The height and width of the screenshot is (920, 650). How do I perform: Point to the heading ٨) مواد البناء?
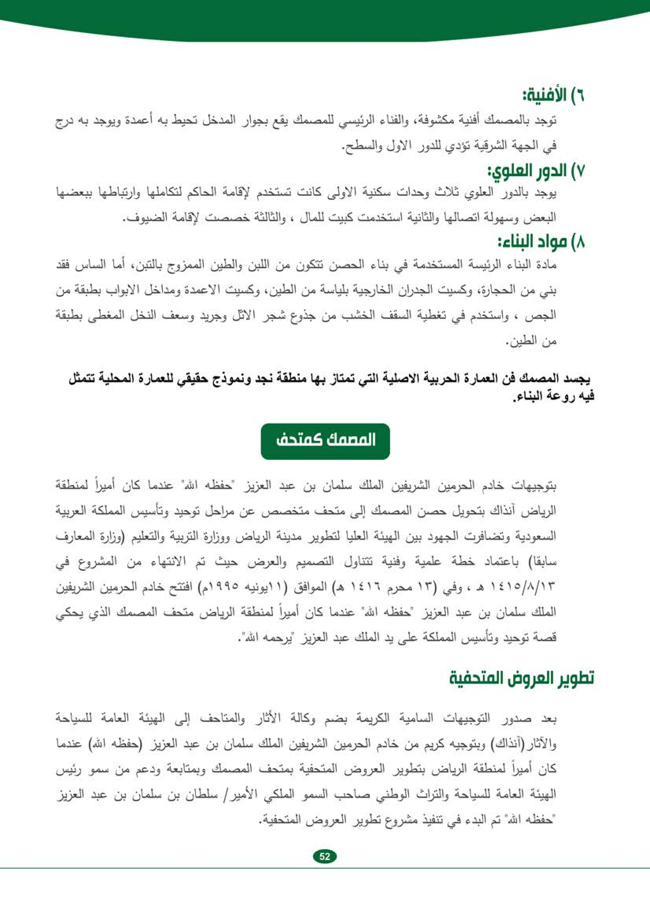[541, 242]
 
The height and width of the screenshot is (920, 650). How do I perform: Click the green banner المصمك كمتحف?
[325, 441]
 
